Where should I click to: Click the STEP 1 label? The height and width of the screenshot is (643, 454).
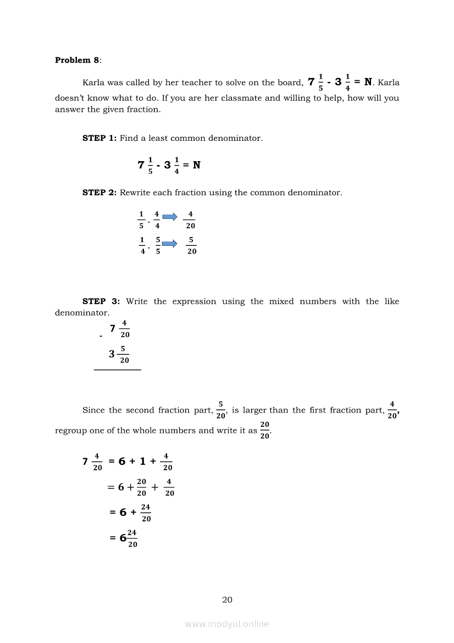(x=99, y=138)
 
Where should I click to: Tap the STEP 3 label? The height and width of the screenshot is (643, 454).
(x=101, y=301)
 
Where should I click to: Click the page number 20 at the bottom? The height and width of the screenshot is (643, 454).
(x=227, y=600)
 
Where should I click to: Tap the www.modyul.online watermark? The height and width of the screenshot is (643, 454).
(x=227, y=624)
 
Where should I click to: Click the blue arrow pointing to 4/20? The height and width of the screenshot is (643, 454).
(x=170, y=217)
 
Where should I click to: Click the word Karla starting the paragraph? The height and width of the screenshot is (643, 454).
(x=95, y=83)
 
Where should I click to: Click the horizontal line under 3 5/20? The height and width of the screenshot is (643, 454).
(x=118, y=370)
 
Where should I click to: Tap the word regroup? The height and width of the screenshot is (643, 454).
(x=71, y=431)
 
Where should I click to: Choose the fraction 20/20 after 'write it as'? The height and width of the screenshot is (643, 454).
(x=265, y=430)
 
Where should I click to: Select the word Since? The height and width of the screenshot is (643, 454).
(x=93, y=410)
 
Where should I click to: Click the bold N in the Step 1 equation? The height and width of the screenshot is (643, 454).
(x=196, y=164)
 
